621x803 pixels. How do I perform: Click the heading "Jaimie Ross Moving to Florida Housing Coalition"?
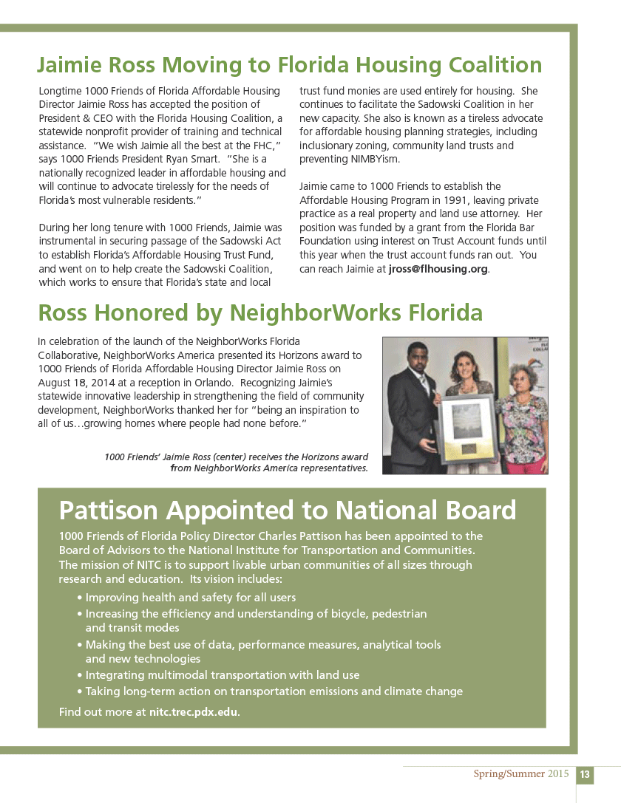point(289,65)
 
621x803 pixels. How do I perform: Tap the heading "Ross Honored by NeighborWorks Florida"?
point(260,313)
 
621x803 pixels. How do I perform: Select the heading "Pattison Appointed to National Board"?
point(288,510)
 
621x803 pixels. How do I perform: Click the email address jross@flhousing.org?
point(438,269)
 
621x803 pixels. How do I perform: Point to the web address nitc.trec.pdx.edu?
point(194,713)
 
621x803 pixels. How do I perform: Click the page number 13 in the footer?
point(584,774)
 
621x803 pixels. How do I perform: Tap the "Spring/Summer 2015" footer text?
point(521,774)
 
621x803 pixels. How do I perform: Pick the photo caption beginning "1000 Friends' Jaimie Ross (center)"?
point(237,462)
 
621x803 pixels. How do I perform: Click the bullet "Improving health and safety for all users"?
point(190,598)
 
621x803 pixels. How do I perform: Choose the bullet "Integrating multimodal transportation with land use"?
point(222,675)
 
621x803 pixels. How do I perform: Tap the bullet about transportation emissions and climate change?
point(274,692)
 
